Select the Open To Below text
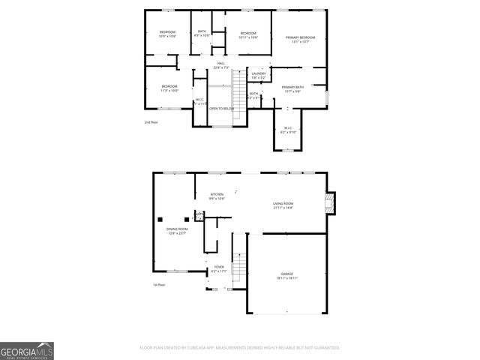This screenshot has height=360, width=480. pos(221,108)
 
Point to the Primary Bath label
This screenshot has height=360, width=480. pos(292,89)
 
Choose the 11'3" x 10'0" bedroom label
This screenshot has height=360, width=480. pos(169,88)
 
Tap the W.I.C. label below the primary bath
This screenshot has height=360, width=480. pos(288,130)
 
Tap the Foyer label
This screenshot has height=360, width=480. pos(219,268)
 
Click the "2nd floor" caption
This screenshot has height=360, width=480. pos(151,121)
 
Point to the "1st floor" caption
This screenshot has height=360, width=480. pos(159,284)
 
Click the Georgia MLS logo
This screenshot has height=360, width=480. pos(27,350)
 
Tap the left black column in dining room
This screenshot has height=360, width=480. pos(160,218)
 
